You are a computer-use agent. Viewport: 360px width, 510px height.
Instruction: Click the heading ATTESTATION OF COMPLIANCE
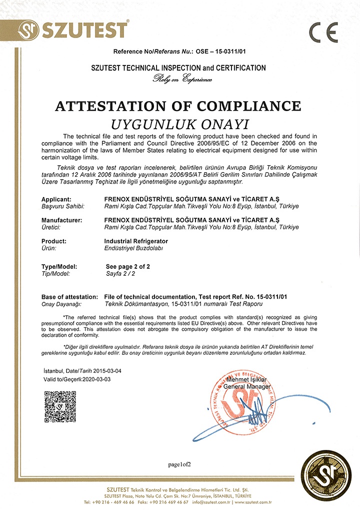178,106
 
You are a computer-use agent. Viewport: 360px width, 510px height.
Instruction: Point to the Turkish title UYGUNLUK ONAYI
179,123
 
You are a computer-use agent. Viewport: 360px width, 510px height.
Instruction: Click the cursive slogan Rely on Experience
182,79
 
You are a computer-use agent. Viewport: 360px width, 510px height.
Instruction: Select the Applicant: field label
59,199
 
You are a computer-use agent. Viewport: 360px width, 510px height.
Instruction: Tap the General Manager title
246,386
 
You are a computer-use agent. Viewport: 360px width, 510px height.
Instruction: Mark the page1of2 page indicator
179,464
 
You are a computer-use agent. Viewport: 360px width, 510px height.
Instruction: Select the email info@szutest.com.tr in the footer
213,501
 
